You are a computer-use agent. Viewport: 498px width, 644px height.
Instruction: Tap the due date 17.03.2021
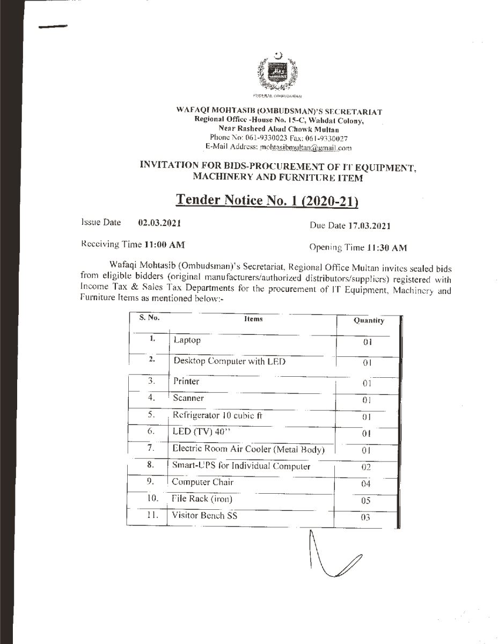click(368, 226)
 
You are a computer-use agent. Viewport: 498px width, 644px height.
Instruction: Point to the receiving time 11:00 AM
click(164, 245)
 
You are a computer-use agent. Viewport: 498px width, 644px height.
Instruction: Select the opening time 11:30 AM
click(386, 248)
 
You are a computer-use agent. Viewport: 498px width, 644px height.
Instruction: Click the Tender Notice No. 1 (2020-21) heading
click(267, 200)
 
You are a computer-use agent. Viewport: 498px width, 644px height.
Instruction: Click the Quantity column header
click(369, 320)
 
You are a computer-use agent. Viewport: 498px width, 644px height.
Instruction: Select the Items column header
click(253, 319)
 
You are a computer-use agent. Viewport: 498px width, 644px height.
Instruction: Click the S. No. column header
click(149, 317)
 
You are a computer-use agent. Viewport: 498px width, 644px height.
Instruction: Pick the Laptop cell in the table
click(187, 340)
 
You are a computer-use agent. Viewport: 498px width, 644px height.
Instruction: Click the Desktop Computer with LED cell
click(229, 361)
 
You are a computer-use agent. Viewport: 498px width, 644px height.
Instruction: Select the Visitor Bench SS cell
click(204, 516)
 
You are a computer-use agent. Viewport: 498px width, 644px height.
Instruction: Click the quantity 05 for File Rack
click(366, 501)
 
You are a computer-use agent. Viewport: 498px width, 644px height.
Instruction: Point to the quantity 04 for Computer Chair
click(366, 485)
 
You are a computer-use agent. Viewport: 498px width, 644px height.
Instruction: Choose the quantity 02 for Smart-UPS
click(366, 467)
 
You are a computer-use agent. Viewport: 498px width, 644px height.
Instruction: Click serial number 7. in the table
click(151, 448)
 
